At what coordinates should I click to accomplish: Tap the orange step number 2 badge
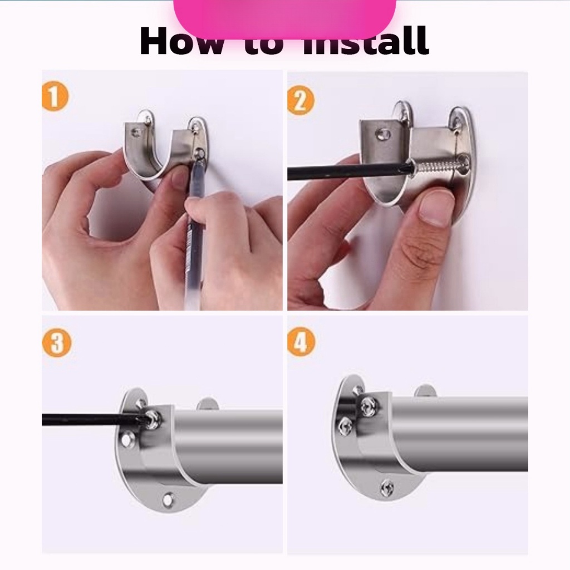pyautogui.click(x=301, y=101)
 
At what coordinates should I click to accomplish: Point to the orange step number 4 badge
pyautogui.click(x=301, y=343)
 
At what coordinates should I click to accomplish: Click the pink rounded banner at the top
pyautogui.click(x=284, y=17)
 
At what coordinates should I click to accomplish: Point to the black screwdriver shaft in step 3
pyautogui.click(x=89, y=419)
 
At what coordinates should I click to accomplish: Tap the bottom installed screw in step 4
pyautogui.click(x=387, y=488)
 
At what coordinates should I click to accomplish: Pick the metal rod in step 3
pyautogui.click(x=228, y=445)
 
